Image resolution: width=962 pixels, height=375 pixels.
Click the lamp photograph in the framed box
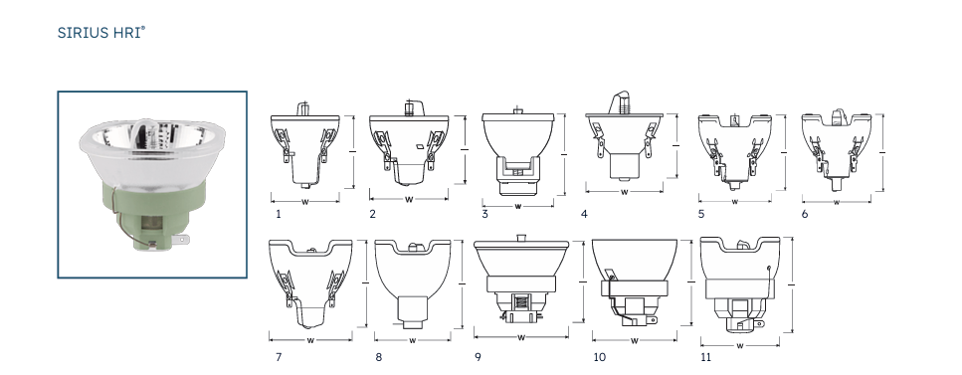tap(151, 184)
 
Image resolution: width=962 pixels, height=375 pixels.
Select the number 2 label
tap(372, 214)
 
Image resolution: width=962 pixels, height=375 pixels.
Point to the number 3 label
tap(484, 214)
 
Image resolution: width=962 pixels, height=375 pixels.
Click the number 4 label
tap(584, 214)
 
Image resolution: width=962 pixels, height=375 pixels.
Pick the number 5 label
tap(701, 214)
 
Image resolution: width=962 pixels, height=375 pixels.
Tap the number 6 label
tap(805, 214)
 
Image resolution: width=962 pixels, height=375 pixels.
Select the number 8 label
tap(378, 356)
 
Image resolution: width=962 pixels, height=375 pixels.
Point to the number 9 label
tap(478, 356)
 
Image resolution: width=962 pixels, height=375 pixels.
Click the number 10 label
tap(599, 356)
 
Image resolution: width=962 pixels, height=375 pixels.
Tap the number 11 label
tap(707, 356)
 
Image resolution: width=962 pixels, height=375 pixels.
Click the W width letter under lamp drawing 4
tap(624, 191)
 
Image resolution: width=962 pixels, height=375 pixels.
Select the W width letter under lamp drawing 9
tap(522, 335)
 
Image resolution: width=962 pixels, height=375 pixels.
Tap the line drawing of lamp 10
tap(634, 279)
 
